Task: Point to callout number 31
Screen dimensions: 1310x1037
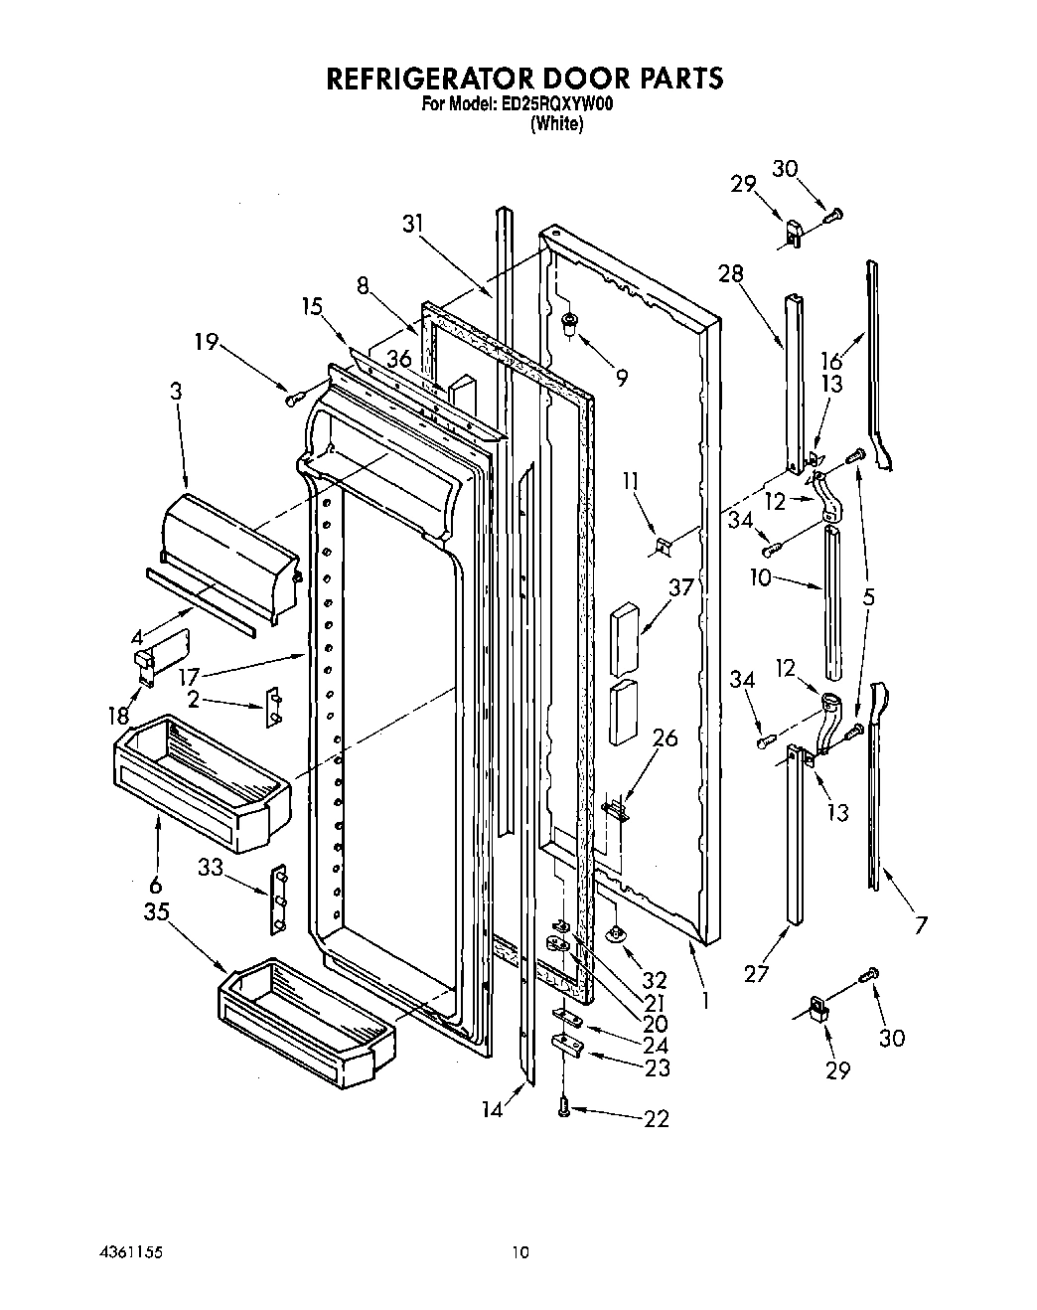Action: coord(413,225)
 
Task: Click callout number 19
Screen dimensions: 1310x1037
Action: coord(207,343)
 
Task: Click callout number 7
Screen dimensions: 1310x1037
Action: coord(922,925)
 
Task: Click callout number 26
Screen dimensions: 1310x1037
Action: coord(665,738)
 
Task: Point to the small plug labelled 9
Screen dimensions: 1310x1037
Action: coord(569,322)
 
